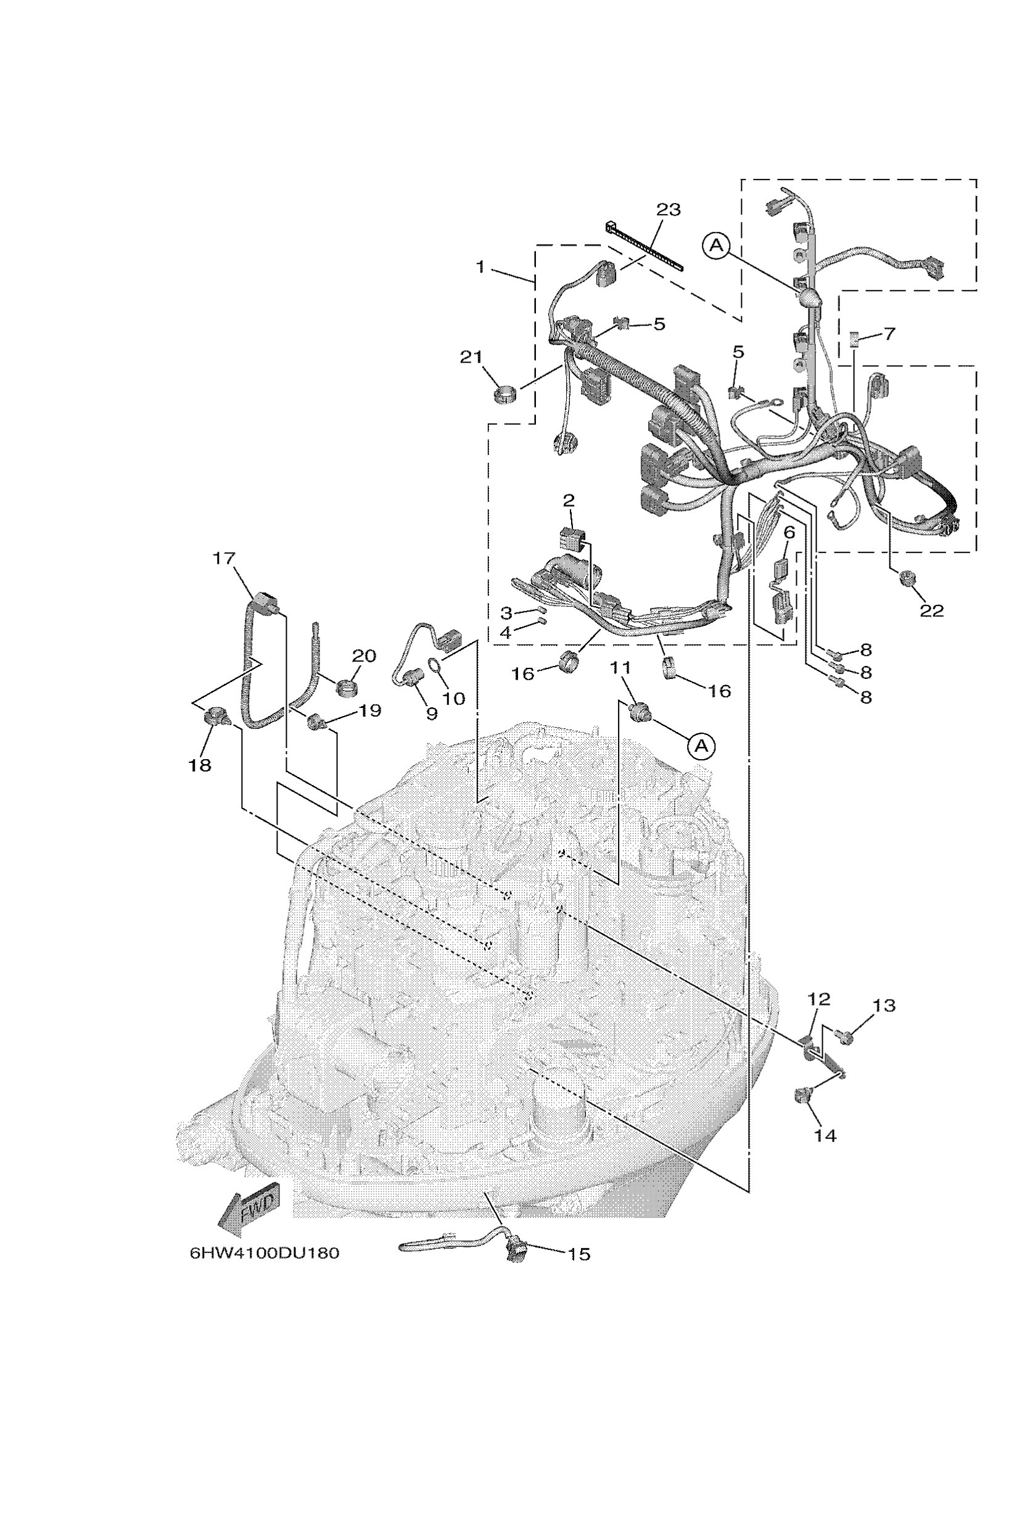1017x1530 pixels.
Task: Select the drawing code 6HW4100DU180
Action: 264,1252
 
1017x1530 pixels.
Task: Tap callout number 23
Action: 668,210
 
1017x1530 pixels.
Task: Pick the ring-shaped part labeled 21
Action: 506,393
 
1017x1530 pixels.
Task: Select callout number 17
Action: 224,559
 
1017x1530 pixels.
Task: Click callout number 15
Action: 578,1254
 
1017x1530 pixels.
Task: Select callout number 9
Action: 431,714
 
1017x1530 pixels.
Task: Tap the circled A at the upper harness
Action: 716,245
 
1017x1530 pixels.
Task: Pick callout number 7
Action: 889,334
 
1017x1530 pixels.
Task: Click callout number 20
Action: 364,656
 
